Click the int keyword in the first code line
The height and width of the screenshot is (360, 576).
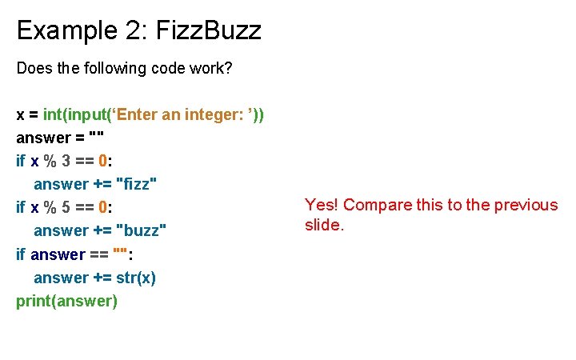54,114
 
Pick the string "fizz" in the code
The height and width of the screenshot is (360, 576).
137,184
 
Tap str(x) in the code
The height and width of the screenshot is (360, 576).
136,277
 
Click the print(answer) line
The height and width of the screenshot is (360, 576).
66,301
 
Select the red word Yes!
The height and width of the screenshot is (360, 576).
322,205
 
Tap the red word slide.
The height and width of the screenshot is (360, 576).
324,226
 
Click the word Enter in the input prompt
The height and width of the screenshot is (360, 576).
137,114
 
